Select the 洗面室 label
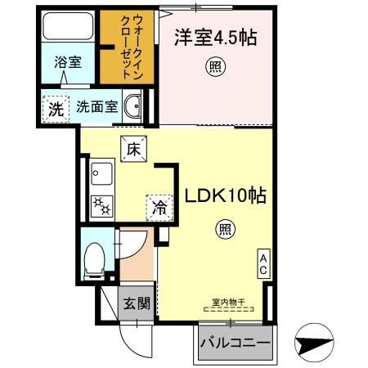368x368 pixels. pos(97,107)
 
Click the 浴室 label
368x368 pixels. pos(67,62)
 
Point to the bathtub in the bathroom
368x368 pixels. pos(67,29)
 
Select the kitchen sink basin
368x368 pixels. pos(102,174)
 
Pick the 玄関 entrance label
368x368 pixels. pos(136,304)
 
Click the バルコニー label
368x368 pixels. pos(236,342)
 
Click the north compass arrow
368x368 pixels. pos(316,344)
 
